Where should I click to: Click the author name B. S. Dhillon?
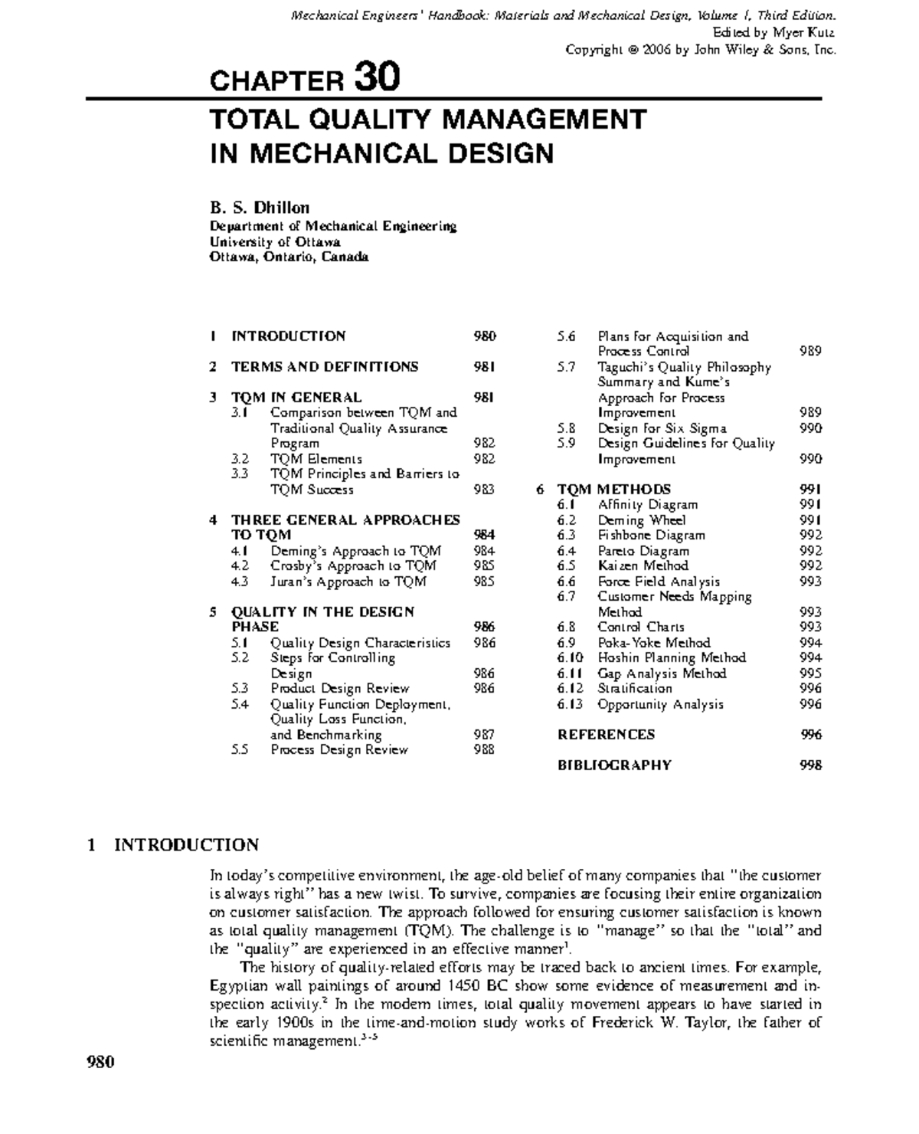(x=260, y=208)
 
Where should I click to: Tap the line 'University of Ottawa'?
(x=275, y=241)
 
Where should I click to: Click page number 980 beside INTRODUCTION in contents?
(x=484, y=336)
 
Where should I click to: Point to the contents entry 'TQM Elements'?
(x=316, y=459)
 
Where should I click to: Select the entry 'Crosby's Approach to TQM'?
(x=353, y=566)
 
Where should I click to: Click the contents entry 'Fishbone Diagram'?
(x=651, y=536)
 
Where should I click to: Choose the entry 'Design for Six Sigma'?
(x=662, y=428)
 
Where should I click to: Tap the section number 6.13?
(x=570, y=704)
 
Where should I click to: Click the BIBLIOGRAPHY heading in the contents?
(x=614, y=765)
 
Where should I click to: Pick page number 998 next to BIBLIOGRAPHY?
(x=810, y=765)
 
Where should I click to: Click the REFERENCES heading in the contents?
(x=606, y=735)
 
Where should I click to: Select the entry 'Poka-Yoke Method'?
(x=653, y=643)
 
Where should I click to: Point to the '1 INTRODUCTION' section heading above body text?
(x=174, y=845)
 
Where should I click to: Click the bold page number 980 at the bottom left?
(x=100, y=1062)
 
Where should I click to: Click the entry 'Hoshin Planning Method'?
(x=672, y=658)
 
